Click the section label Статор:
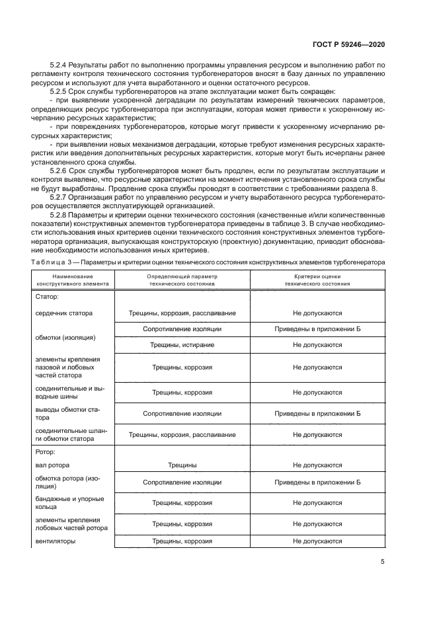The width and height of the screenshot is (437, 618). click(x=47, y=297)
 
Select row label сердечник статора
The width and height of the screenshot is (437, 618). click(x=64, y=313)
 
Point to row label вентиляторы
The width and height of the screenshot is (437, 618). click(x=56, y=541)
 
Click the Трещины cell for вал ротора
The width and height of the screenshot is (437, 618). click(x=182, y=465)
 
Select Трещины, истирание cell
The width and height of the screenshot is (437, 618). click(x=182, y=344)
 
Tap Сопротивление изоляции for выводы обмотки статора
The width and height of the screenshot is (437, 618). click(x=182, y=413)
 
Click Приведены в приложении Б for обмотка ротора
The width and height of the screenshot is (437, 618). click(x=317, y=483)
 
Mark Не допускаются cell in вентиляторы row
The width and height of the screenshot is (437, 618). click(x=317, y=541)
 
